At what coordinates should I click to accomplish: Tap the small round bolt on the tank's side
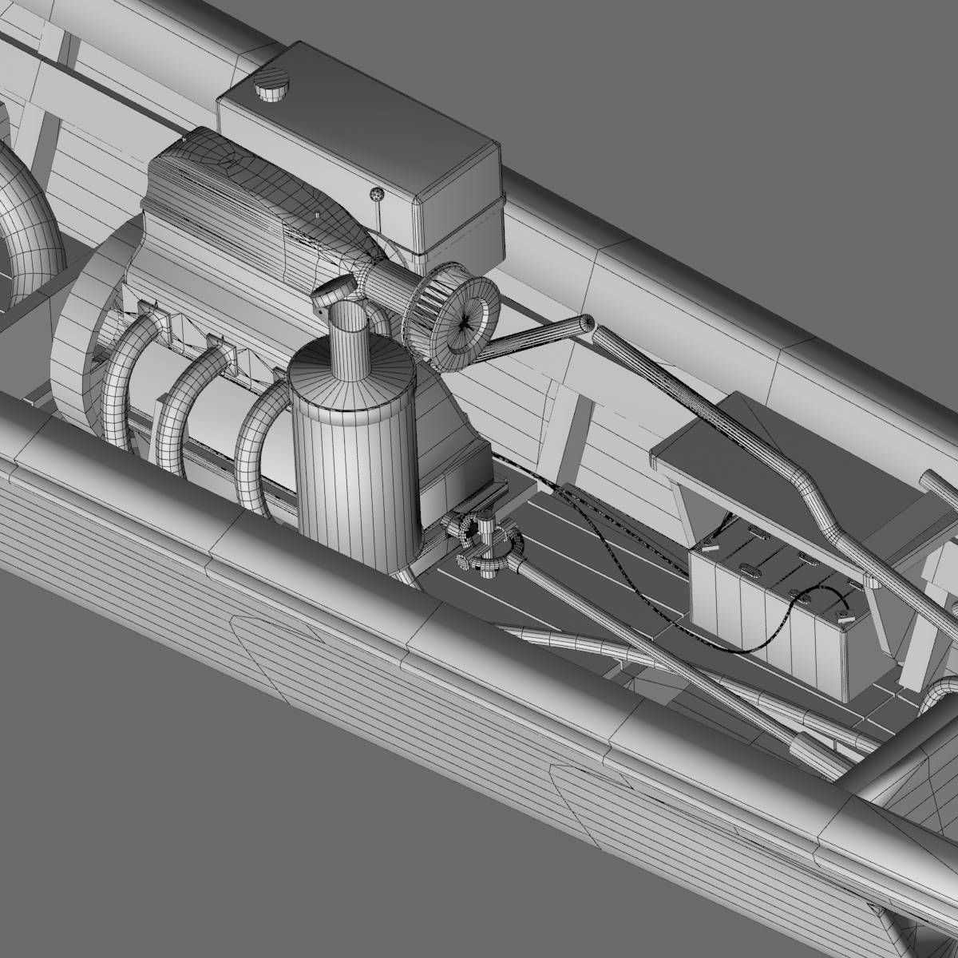[x=375, y=193]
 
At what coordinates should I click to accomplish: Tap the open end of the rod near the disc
[x=589, y=323]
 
